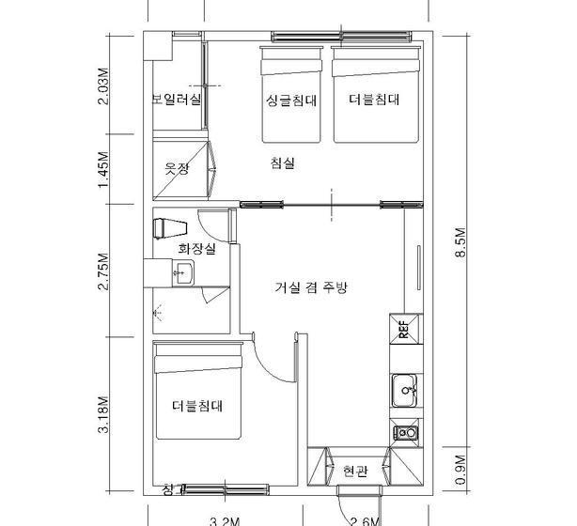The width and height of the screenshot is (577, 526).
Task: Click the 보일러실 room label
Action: (x=176, y=99)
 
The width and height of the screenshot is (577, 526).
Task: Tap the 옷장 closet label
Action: (x=178, y=169)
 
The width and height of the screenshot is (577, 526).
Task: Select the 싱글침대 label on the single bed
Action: (x=290, y=99)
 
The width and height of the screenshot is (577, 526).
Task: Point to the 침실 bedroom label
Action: (x=282, y=163)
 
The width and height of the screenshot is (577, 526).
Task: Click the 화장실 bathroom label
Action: (x=196, y=249)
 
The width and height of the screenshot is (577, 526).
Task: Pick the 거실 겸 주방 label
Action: (x=311, y=287)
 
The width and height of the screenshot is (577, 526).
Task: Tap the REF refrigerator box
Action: (x=403, y=329)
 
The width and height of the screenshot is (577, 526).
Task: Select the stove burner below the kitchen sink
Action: (x=406, y=433)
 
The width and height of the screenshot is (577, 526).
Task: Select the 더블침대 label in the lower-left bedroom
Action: (x=196, y=406)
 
